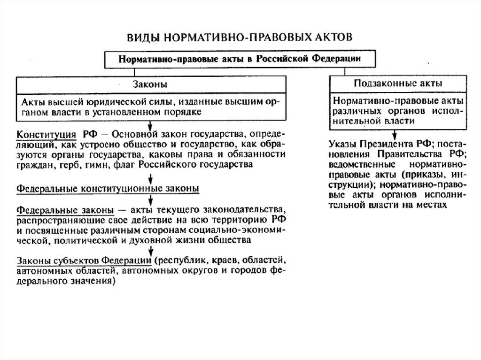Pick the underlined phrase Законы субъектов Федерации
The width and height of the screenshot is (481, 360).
[84, 261]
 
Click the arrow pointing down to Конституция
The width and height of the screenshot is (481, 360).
[149, 125]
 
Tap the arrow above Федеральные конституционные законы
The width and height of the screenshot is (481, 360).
[149, 178]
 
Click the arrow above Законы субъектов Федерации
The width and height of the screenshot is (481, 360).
[149, 252]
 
